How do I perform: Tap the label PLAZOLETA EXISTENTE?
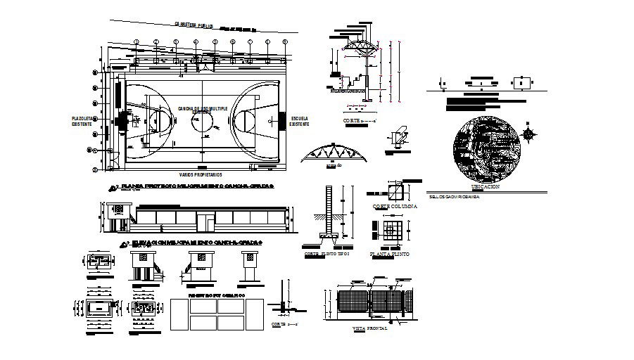[x=82, y=120]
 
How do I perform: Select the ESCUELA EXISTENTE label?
[x=298, y=120]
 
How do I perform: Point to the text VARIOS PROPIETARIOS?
[x=201, y=172]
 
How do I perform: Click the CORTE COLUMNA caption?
[x=395, y=207]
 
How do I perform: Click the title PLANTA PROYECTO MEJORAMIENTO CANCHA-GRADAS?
[x=197, y=187]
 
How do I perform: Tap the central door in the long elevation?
[x=205, y=221]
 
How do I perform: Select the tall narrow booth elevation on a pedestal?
[x=249, y=266]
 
